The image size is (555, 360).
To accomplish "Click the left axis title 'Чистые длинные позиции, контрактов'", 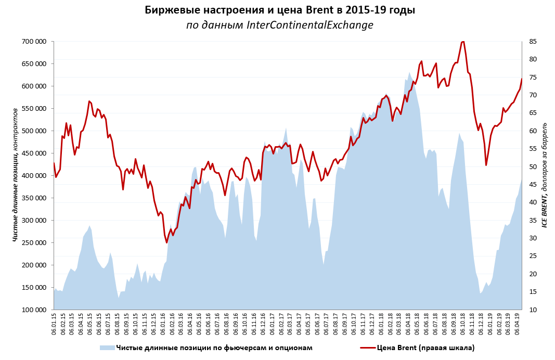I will tap(15, 175).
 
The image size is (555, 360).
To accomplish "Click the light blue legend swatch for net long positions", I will tap(107, 348).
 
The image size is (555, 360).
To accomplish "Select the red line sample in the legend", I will tap(368, 348).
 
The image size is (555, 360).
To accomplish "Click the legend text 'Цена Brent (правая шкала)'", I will tap(425, 348).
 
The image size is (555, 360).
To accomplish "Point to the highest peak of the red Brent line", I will tap(462, 41).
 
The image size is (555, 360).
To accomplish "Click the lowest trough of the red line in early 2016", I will tap(166, 242).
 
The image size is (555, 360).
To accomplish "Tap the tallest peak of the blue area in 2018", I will tap(409, 72).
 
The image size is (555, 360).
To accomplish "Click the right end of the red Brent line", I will tap(521, 79).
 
